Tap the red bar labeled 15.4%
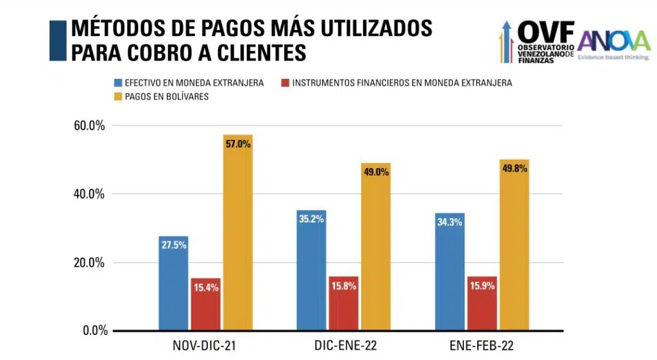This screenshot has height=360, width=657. pyautogui.click(x=205, y=304)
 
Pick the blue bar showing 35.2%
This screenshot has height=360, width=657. pyautogui.click(x=311, y=270)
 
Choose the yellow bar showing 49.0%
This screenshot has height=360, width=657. pyautogui.click(x=375, y=246)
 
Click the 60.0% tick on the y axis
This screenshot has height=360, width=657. pyautogui.click(x=89, y=125)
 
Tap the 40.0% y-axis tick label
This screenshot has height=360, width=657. pyautogui.click(x=89, y=194)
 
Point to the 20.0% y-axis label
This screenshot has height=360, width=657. pyautogui.click(x=89, y=262)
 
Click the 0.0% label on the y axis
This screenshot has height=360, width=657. pyautogui.click(x=93, y=331)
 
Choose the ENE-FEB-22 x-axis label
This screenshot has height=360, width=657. pyautogui.click(x=482, y=347)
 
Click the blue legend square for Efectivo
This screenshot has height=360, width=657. pyautogui.click(x=118, y=83)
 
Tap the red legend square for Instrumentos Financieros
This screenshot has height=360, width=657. pyautogui.click(x=285, y=83)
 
